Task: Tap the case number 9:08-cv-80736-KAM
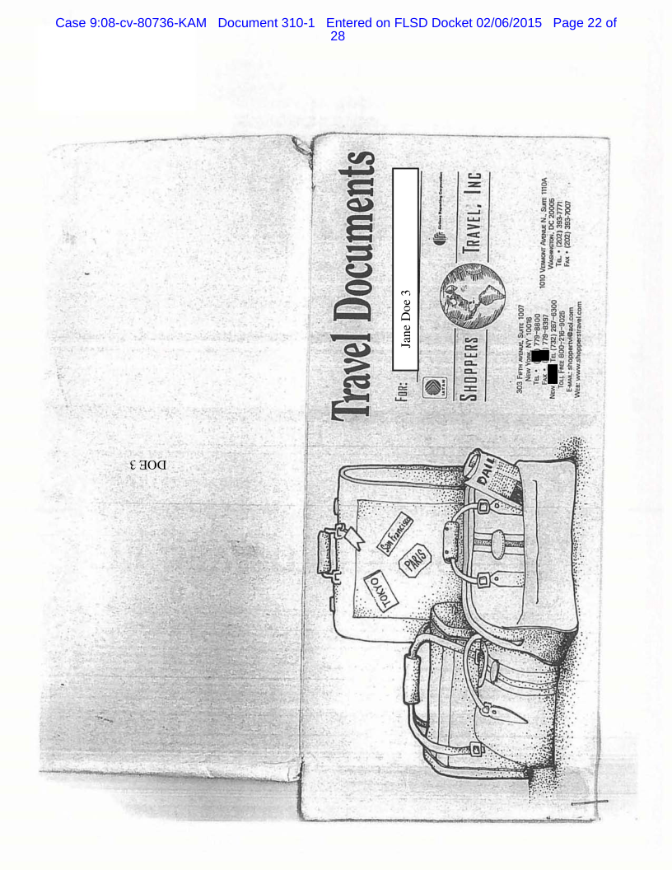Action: pos(132,21)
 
